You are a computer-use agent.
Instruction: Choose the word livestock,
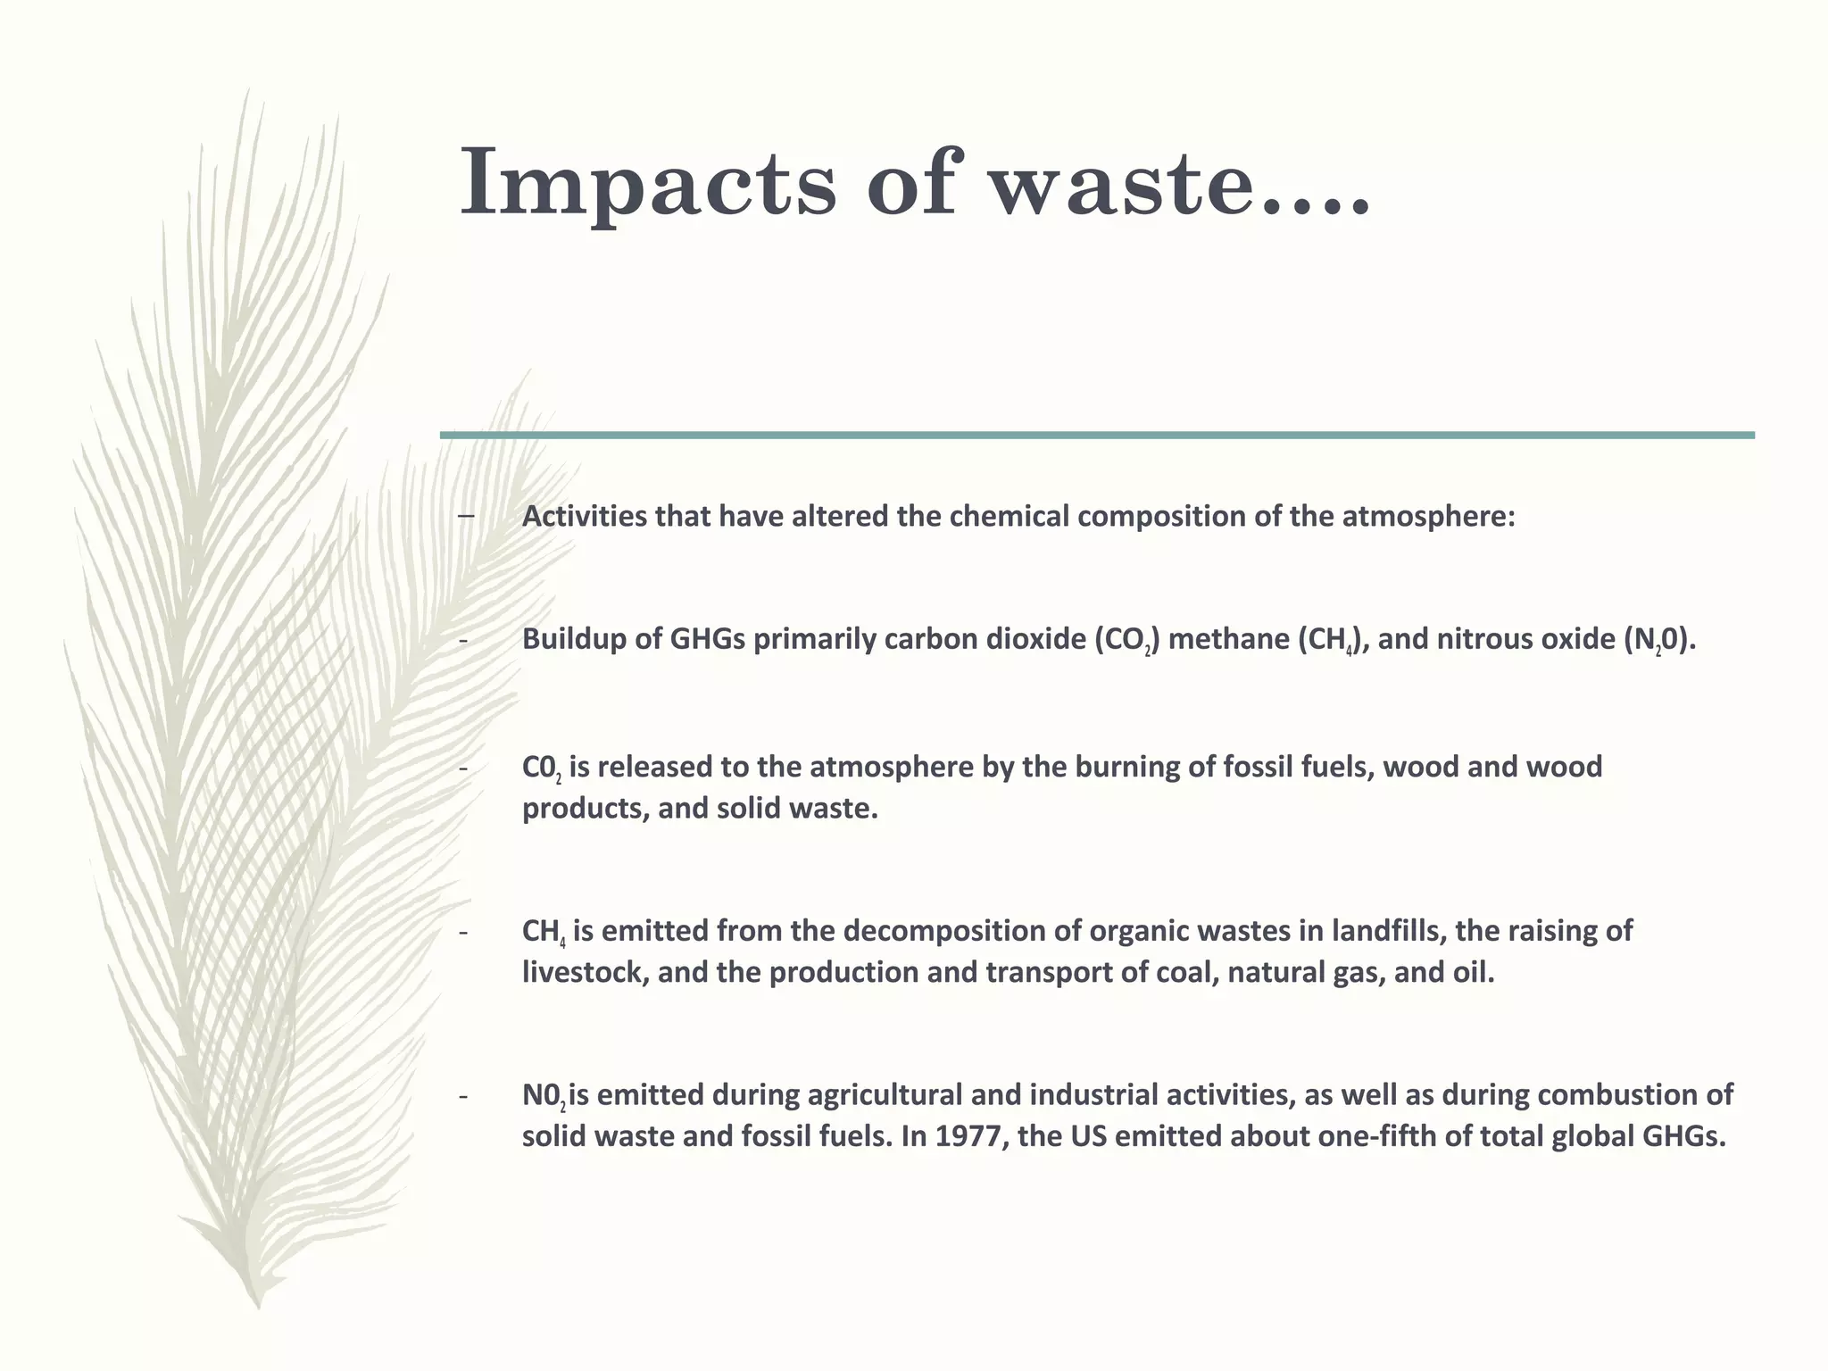click(586, 972)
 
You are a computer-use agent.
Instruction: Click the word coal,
click(1188, 972)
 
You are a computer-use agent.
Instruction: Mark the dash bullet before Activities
click(465, 517)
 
